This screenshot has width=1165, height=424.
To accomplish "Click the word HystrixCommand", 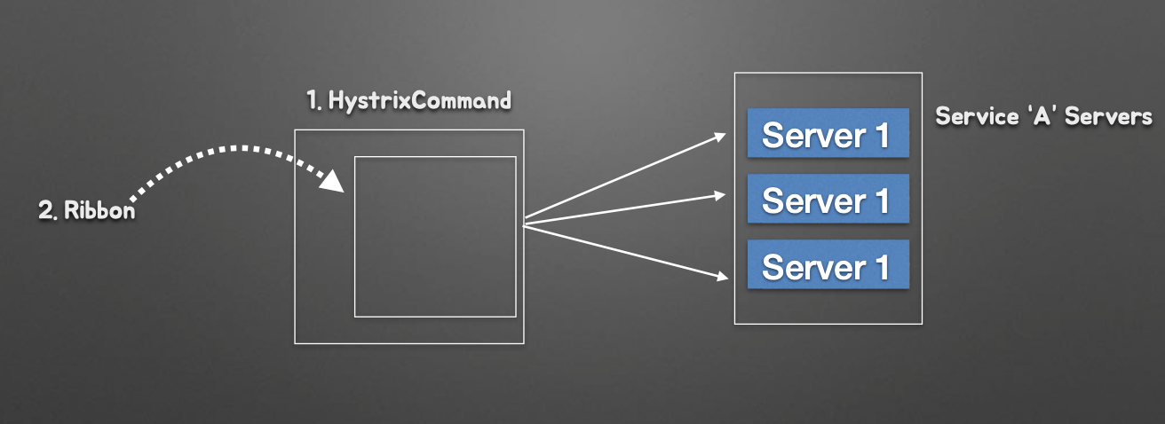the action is (419, 100).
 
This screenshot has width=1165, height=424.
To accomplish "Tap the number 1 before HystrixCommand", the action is (313, 100).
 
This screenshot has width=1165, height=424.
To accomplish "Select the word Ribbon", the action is (99, 212).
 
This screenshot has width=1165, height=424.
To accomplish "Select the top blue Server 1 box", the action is (828, 133).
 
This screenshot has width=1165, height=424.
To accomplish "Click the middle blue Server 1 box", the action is (828, 199).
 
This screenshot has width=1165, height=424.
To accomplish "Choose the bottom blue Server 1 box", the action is (828, 264).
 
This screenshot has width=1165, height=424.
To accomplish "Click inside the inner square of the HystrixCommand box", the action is (435, 236).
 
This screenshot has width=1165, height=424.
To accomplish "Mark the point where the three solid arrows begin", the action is (525, 222).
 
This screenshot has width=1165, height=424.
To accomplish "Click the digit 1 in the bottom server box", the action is (879, 266).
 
